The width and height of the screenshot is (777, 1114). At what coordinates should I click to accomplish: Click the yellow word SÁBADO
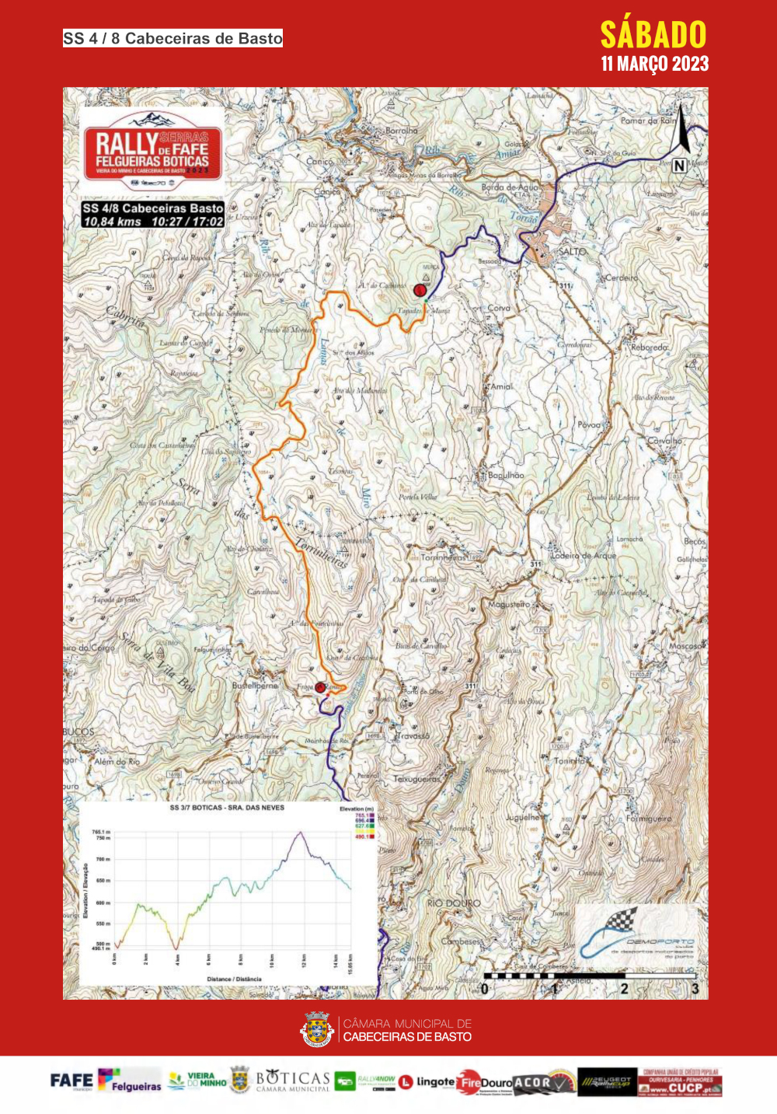[653, 35]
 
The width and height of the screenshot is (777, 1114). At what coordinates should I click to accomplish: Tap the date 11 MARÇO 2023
[654, 64]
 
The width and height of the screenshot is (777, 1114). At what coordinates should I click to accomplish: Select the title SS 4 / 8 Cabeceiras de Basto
[172, 38]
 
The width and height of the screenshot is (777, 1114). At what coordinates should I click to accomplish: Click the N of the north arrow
[679, 165]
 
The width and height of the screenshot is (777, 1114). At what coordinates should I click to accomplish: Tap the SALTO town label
[573, 251]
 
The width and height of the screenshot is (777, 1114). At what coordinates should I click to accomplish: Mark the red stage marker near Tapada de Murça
[420, 290]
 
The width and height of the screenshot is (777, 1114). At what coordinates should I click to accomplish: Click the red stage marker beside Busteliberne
[320, 687]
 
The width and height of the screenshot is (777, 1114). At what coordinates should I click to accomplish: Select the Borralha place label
[401, 131]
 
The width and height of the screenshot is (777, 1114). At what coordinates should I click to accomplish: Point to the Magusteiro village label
[509, 604]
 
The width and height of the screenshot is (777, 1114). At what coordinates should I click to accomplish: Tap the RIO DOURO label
[454, 903]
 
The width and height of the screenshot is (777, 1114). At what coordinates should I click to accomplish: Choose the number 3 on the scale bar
[695, 989]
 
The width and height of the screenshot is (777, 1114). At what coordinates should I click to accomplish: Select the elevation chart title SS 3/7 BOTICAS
[227, 808]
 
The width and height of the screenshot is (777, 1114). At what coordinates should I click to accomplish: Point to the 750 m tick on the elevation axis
[103, 837]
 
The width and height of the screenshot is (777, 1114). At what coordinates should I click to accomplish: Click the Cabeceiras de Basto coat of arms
[317, 1029]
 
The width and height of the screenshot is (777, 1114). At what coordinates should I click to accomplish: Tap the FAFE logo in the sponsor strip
[71, 1081]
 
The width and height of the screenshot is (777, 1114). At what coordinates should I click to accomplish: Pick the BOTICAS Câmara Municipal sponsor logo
[292, 1081]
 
